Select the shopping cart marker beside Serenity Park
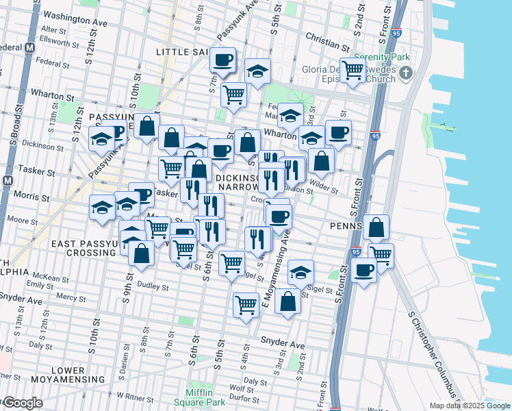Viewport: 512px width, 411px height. pyautogui.click(x=353, y=70)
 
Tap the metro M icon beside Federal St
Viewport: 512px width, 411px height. pyautogui.click(x=29, y=49)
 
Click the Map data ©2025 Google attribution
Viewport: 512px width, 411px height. pyautogui.click(x=469, y=406)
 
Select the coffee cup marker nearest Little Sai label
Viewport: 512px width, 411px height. pyautogui.click(x=222, y=60)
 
